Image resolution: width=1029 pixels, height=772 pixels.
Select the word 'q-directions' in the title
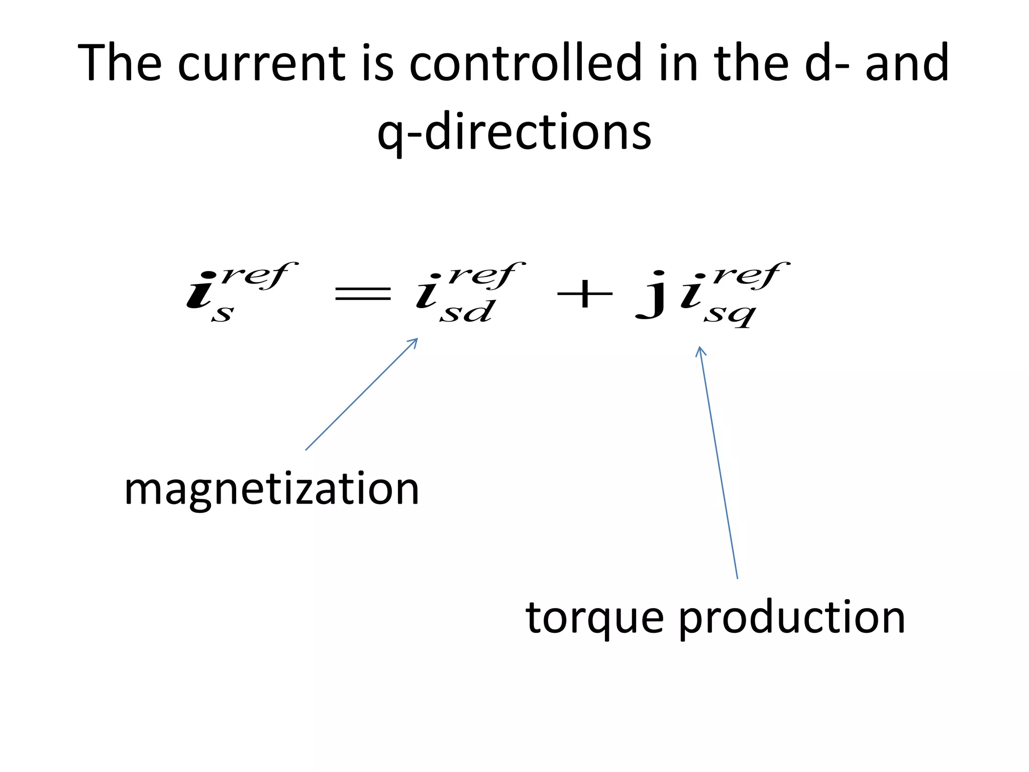(x=514, y=132)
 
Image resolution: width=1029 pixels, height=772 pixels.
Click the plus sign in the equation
(x=585, y=294)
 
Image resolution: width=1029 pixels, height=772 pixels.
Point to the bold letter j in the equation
(x=652, y=295)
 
